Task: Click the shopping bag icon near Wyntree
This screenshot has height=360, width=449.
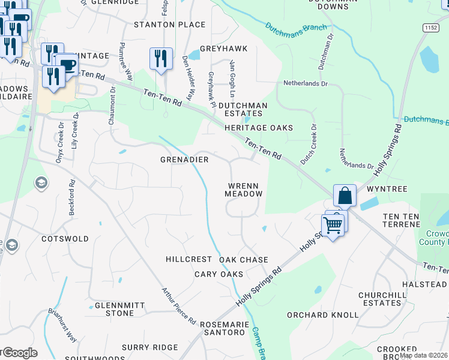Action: [x=345, y=196]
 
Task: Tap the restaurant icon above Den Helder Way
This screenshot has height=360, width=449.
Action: [x=161, y=58]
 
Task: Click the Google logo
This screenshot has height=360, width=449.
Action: [x=19, y=353]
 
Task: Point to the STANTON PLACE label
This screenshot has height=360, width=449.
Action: [x=169, y=25]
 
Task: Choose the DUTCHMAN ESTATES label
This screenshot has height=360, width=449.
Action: [x=241, y=109]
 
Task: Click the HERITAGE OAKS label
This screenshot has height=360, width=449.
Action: [x=259, y=128]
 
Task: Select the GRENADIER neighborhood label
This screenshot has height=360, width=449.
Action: [x=184, y=160]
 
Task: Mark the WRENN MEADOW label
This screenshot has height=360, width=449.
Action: [x=244, y=190]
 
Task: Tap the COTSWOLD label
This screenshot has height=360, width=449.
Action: [x=65, y=239]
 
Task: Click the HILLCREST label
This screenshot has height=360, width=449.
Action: [x=189, y=259]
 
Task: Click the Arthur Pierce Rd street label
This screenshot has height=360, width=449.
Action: [x=179, y=306]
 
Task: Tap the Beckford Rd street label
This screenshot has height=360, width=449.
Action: [x=71, y=194]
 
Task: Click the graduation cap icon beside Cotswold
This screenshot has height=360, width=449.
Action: [x=41, y=182]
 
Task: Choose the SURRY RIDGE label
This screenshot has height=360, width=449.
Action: [x=149, y=347]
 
